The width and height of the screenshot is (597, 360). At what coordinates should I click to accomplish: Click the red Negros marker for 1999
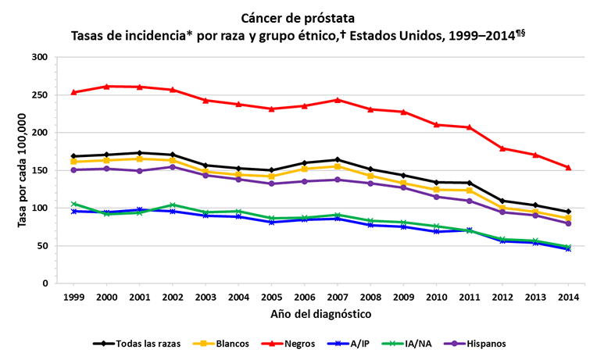[x=74, y=92]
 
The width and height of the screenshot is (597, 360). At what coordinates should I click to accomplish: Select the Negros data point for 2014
[x=568, y=167]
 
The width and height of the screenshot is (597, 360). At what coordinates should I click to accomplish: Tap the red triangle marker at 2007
[x=338, y=100]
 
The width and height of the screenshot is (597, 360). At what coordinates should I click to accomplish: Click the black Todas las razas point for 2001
[x=140, y=153]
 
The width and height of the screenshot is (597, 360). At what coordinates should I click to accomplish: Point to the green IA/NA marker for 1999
[x=74, y=204]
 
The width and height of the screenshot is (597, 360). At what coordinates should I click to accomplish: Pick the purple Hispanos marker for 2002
[x=173, y=166]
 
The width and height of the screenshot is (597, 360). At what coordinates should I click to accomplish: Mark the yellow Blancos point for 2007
[x=338, y=166]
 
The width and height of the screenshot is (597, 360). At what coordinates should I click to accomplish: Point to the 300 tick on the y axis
[x=41, y=58]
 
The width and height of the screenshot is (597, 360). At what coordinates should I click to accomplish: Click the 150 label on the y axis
[x=41, y=170]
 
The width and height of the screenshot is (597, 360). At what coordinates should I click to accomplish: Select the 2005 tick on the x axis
[x=271, y=298]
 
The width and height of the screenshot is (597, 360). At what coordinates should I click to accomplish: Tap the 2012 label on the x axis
[x=502, y=298]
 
